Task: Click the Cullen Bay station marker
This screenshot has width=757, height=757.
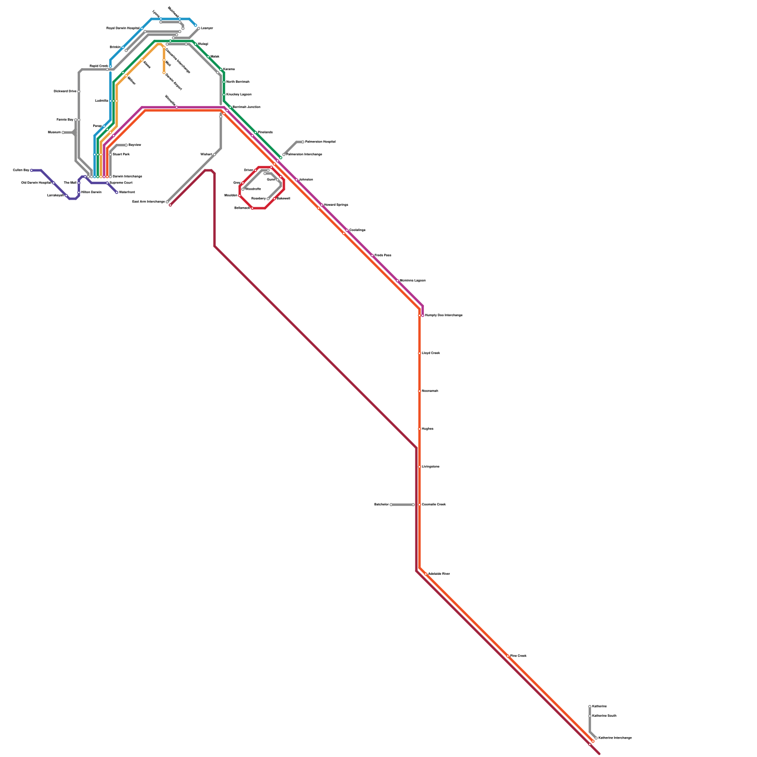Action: (x=32, y=170)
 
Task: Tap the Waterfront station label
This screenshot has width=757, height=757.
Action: (x=127, y=193)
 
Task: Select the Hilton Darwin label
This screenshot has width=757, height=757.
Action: (x=91, y=193)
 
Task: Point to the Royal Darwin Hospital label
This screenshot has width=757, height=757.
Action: (x=123, y=28)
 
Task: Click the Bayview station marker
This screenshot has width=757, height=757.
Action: (x=126, y=145)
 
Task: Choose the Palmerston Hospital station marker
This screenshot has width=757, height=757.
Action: (x=303, y=142)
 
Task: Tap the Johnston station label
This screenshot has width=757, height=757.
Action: (x=306, y=180)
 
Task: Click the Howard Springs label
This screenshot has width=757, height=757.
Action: (x=336, y=205)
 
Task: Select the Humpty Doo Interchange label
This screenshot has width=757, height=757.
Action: (x=443, y=316)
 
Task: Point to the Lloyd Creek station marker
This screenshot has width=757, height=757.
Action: (x=420, y=353)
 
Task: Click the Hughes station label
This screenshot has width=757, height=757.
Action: (x=428, y=429)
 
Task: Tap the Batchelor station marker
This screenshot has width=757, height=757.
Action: (x=391, y=505)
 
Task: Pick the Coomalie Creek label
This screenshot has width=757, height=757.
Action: (x=434, y=505)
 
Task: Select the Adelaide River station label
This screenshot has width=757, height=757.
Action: (x=439, y=574)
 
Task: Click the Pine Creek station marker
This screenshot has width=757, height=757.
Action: (x=508, y=656)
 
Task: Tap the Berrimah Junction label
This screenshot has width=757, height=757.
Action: (x=246, y=107)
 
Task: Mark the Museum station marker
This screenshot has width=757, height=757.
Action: (x=63, y=132)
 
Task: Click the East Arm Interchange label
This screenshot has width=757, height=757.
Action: (x=149, y=202)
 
